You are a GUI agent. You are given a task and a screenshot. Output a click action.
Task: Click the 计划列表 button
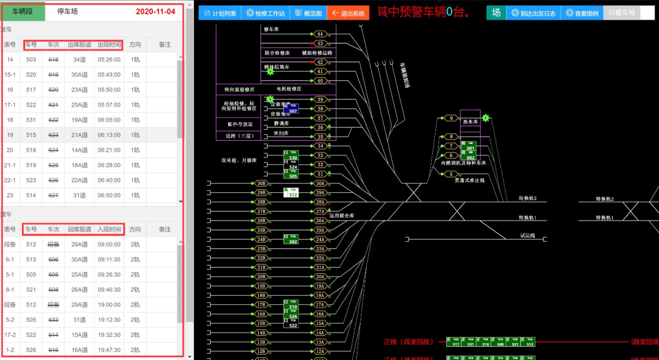(x=220, y=13)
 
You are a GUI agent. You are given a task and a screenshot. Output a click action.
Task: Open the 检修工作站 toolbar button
(x=265, y=13)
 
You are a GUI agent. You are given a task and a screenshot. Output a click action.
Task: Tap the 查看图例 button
(x=582, y=13)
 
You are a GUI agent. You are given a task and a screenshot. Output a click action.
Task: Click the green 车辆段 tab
(x=23, y=12)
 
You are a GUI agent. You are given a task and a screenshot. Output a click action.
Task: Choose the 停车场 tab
(x=67, y=12)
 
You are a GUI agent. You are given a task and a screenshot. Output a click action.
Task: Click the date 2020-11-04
(x=155, y=12)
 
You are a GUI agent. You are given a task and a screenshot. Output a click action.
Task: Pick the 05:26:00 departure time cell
(x=109, y=60)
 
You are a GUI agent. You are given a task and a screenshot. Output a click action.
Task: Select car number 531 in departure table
(x=31, y=120)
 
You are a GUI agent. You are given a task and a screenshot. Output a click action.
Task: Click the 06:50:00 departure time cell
(x=109, y=195)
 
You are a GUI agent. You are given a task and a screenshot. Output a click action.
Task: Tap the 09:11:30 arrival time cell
(x=109, y=260)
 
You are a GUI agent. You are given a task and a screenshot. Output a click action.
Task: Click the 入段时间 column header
(x=109, y=229)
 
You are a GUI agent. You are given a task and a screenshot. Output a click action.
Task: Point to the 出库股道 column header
(x=79, y=45)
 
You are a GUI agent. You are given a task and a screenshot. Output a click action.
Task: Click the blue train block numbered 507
(x=291, y=109)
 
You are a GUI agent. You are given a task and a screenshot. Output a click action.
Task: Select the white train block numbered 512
(x=291, y=192)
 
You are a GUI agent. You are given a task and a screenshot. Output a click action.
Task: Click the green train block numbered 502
(x=291, y=239)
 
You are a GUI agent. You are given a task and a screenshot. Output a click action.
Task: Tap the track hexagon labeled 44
(x=320, y=34)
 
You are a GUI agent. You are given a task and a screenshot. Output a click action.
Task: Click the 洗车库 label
(x=470, y=122)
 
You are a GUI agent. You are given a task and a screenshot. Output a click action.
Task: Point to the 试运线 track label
(x=527, y=236)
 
